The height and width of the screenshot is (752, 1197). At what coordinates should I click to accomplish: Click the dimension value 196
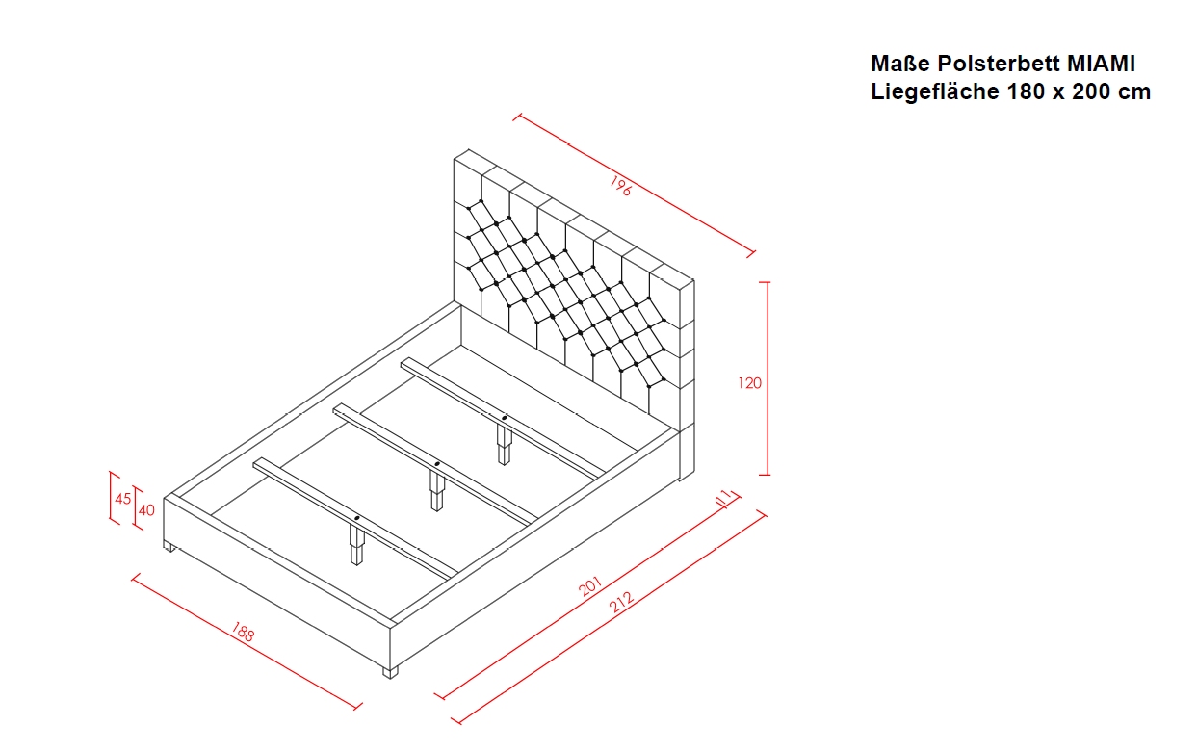[x=620, y=186]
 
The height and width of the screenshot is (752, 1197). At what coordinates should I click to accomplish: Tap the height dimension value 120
[x=749, y=383]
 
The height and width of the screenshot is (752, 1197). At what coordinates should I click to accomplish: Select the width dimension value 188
[x=243, y=632]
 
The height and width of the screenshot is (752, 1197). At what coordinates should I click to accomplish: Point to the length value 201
[x=590, y=585]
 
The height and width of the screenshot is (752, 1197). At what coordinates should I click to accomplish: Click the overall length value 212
[x=621, y=602]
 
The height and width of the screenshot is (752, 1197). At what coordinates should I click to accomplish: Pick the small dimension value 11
[x=722, y=498]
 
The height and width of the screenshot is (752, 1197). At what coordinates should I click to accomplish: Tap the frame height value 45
[x=123, y=499]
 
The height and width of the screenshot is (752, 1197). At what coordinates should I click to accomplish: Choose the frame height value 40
[x=146, y=510]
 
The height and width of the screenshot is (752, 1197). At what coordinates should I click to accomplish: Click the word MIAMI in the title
[x=1102, y=64]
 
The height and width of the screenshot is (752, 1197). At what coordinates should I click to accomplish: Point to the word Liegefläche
[x=935, y=91]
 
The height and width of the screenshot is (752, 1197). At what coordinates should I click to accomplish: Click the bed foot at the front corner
[x=391, y=672]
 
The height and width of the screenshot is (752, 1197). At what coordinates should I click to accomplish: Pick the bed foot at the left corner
[x=169, y=546]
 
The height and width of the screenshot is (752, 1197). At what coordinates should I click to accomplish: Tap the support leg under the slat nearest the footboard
[x=357, y=544]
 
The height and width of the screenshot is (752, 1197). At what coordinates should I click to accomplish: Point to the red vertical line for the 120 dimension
[x=768, y=378]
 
